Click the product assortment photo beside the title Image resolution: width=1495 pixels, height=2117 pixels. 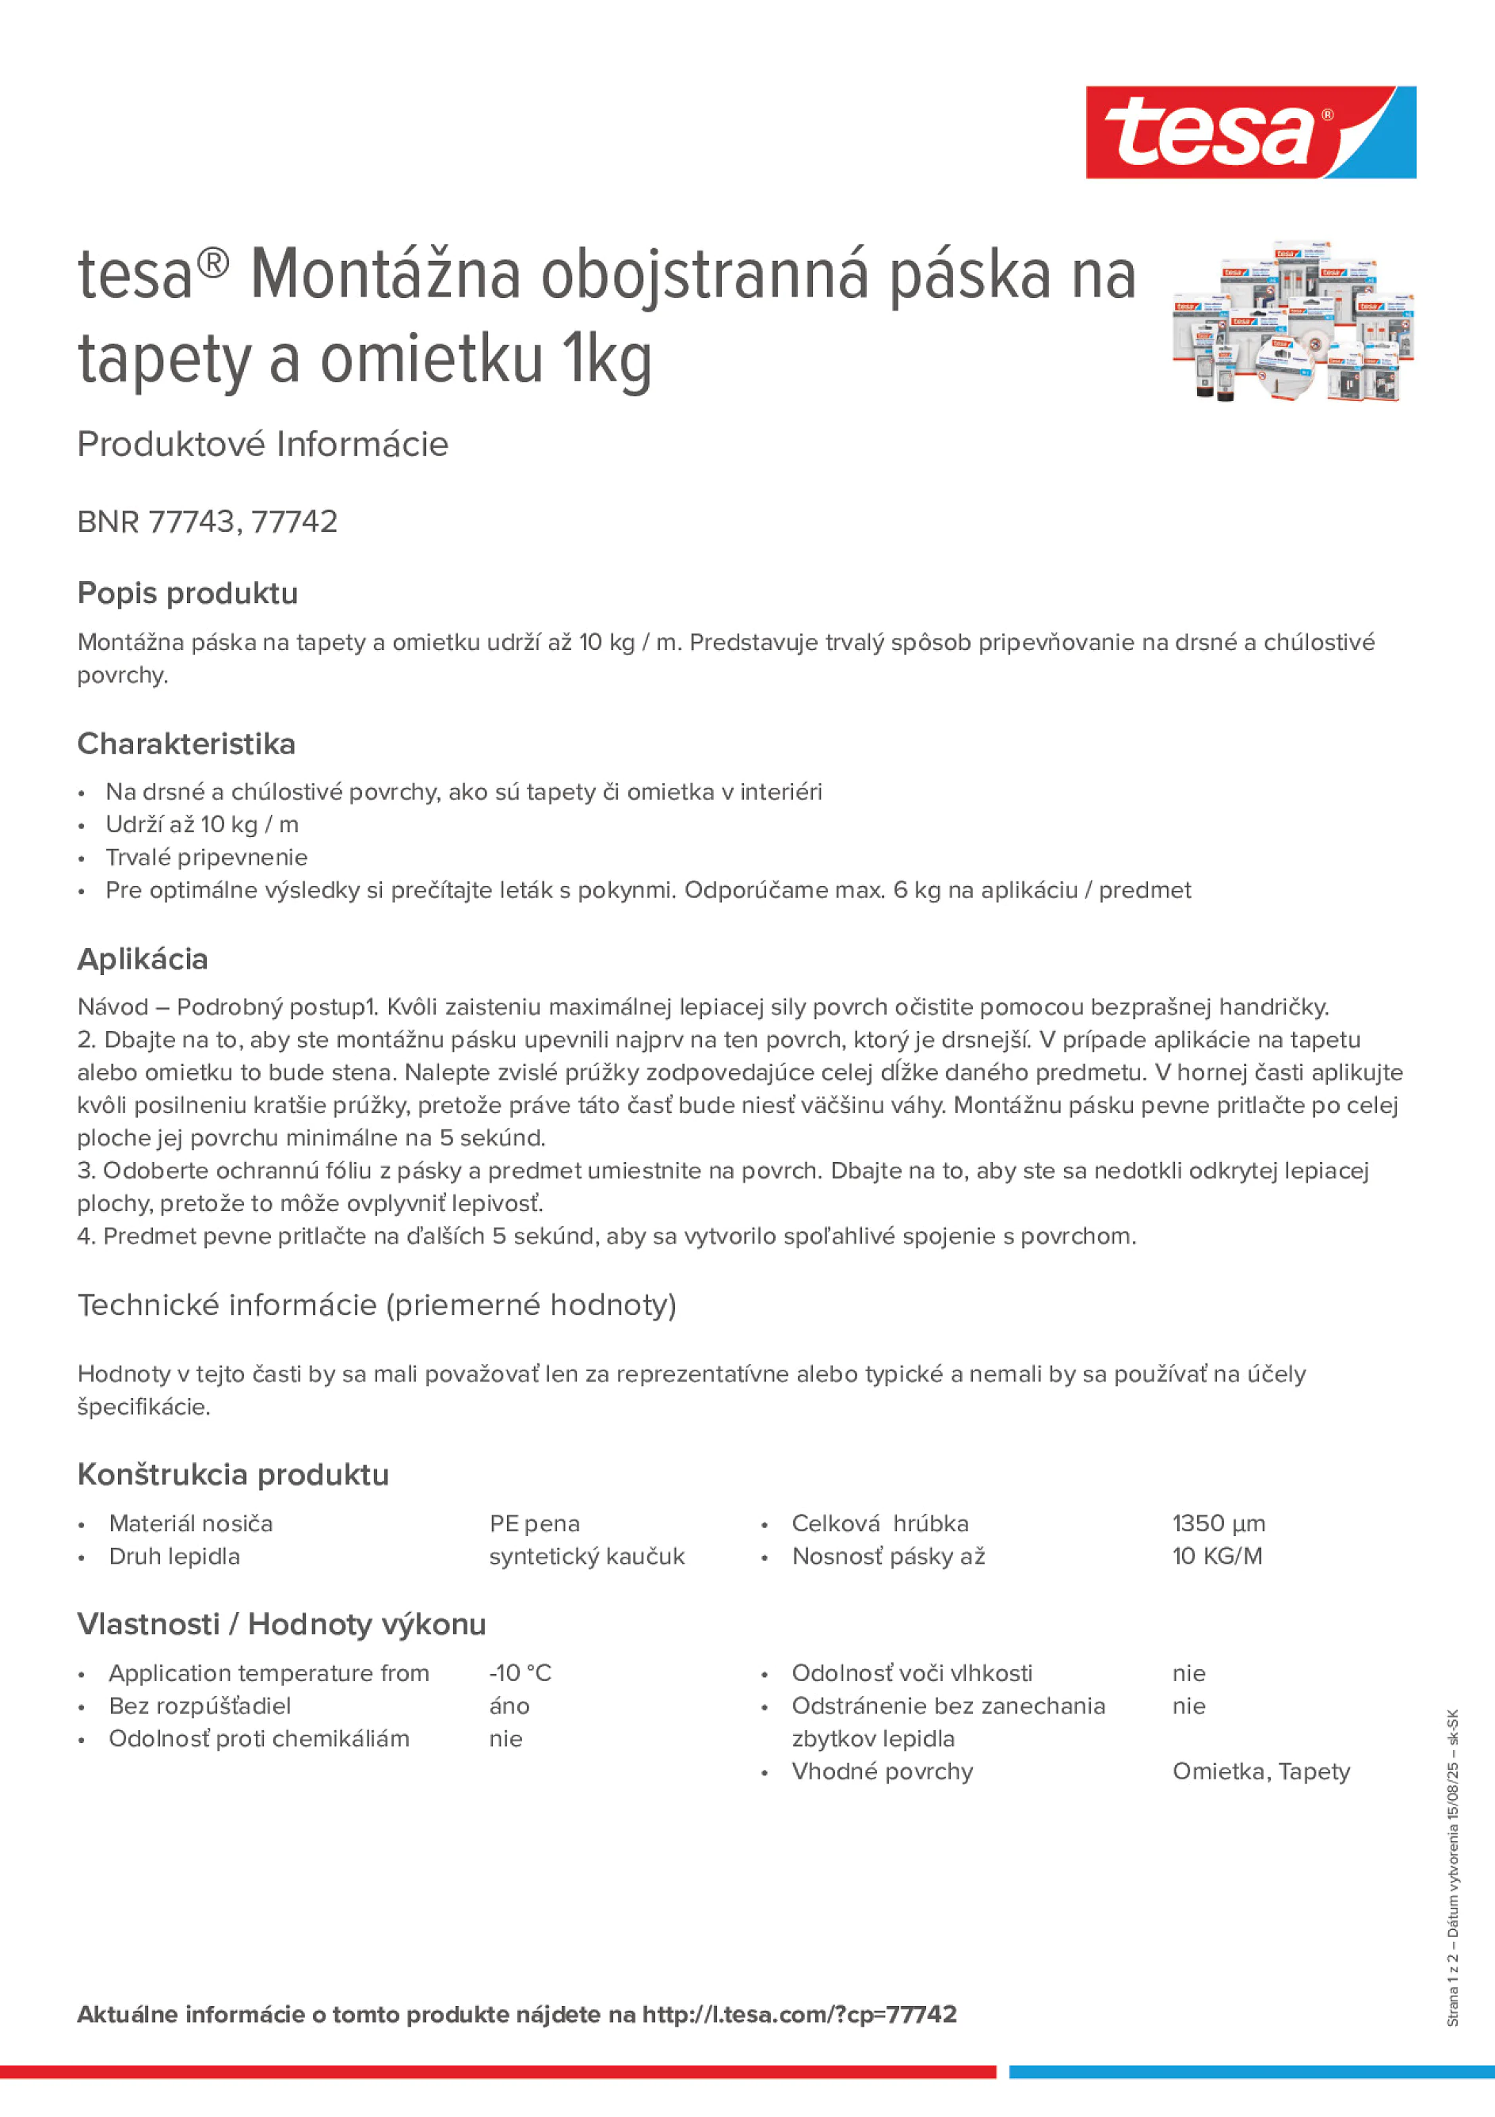click(x=1292, y=322)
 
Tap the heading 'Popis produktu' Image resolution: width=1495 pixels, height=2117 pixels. click(x=188, y=593)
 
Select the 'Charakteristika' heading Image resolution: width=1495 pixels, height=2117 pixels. click(x=186, y=743)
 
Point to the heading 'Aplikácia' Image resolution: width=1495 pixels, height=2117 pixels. click(x=143, y=959)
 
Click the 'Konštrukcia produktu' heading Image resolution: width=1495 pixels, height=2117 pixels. click(x=233, y=1474)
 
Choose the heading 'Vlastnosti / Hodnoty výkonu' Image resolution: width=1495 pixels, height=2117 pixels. click(x=281, y=1624)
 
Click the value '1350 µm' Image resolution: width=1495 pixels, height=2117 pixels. click(x=1219, y=1523)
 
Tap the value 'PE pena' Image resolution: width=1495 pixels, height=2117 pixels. click(x=535, y=1524)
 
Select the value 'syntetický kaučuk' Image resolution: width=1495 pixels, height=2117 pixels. click(x=587, y=1557)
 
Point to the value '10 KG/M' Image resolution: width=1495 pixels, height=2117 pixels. click(x=1217, y=1557)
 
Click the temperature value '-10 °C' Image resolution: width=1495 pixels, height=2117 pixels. click(x=520, y=1672)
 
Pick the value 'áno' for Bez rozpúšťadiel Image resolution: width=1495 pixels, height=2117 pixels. click(x=509, y=1706)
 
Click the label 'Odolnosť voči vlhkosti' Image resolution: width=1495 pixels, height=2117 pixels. click(x=912, y=1672)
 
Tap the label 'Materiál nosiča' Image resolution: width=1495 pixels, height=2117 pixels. click(x=191, y=1523)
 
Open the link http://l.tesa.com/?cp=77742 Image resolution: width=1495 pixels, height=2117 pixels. click(x=799, y=2014)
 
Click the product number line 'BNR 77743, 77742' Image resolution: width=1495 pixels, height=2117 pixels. click(x=208, y=522)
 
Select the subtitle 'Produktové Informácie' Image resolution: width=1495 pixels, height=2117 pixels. click(x=263, y=445)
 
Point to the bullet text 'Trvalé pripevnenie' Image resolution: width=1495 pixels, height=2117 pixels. click(x=207, y=858)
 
